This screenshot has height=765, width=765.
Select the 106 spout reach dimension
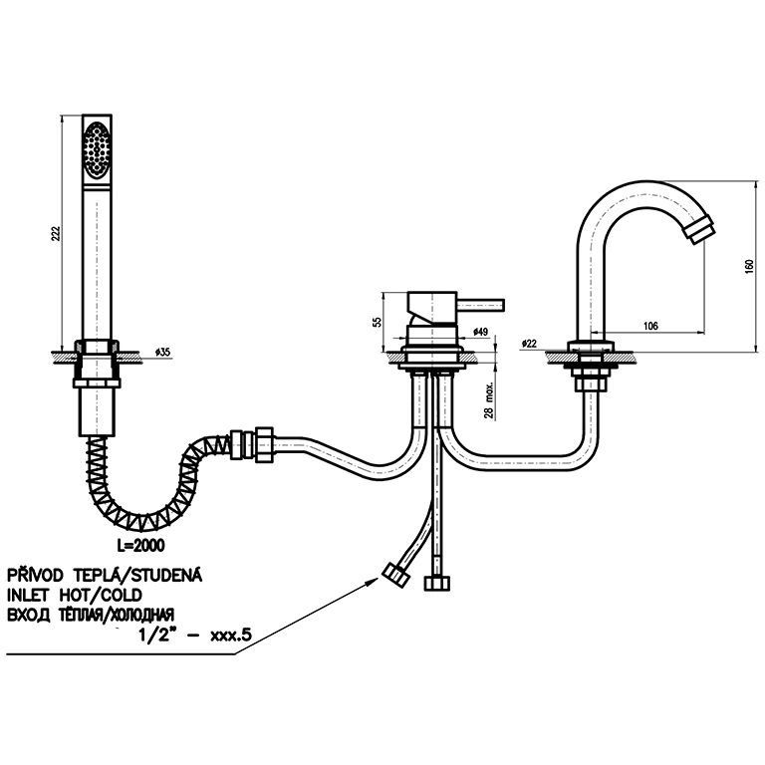[x=651, y=324]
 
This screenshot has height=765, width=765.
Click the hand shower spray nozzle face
[x=97, y=149]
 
